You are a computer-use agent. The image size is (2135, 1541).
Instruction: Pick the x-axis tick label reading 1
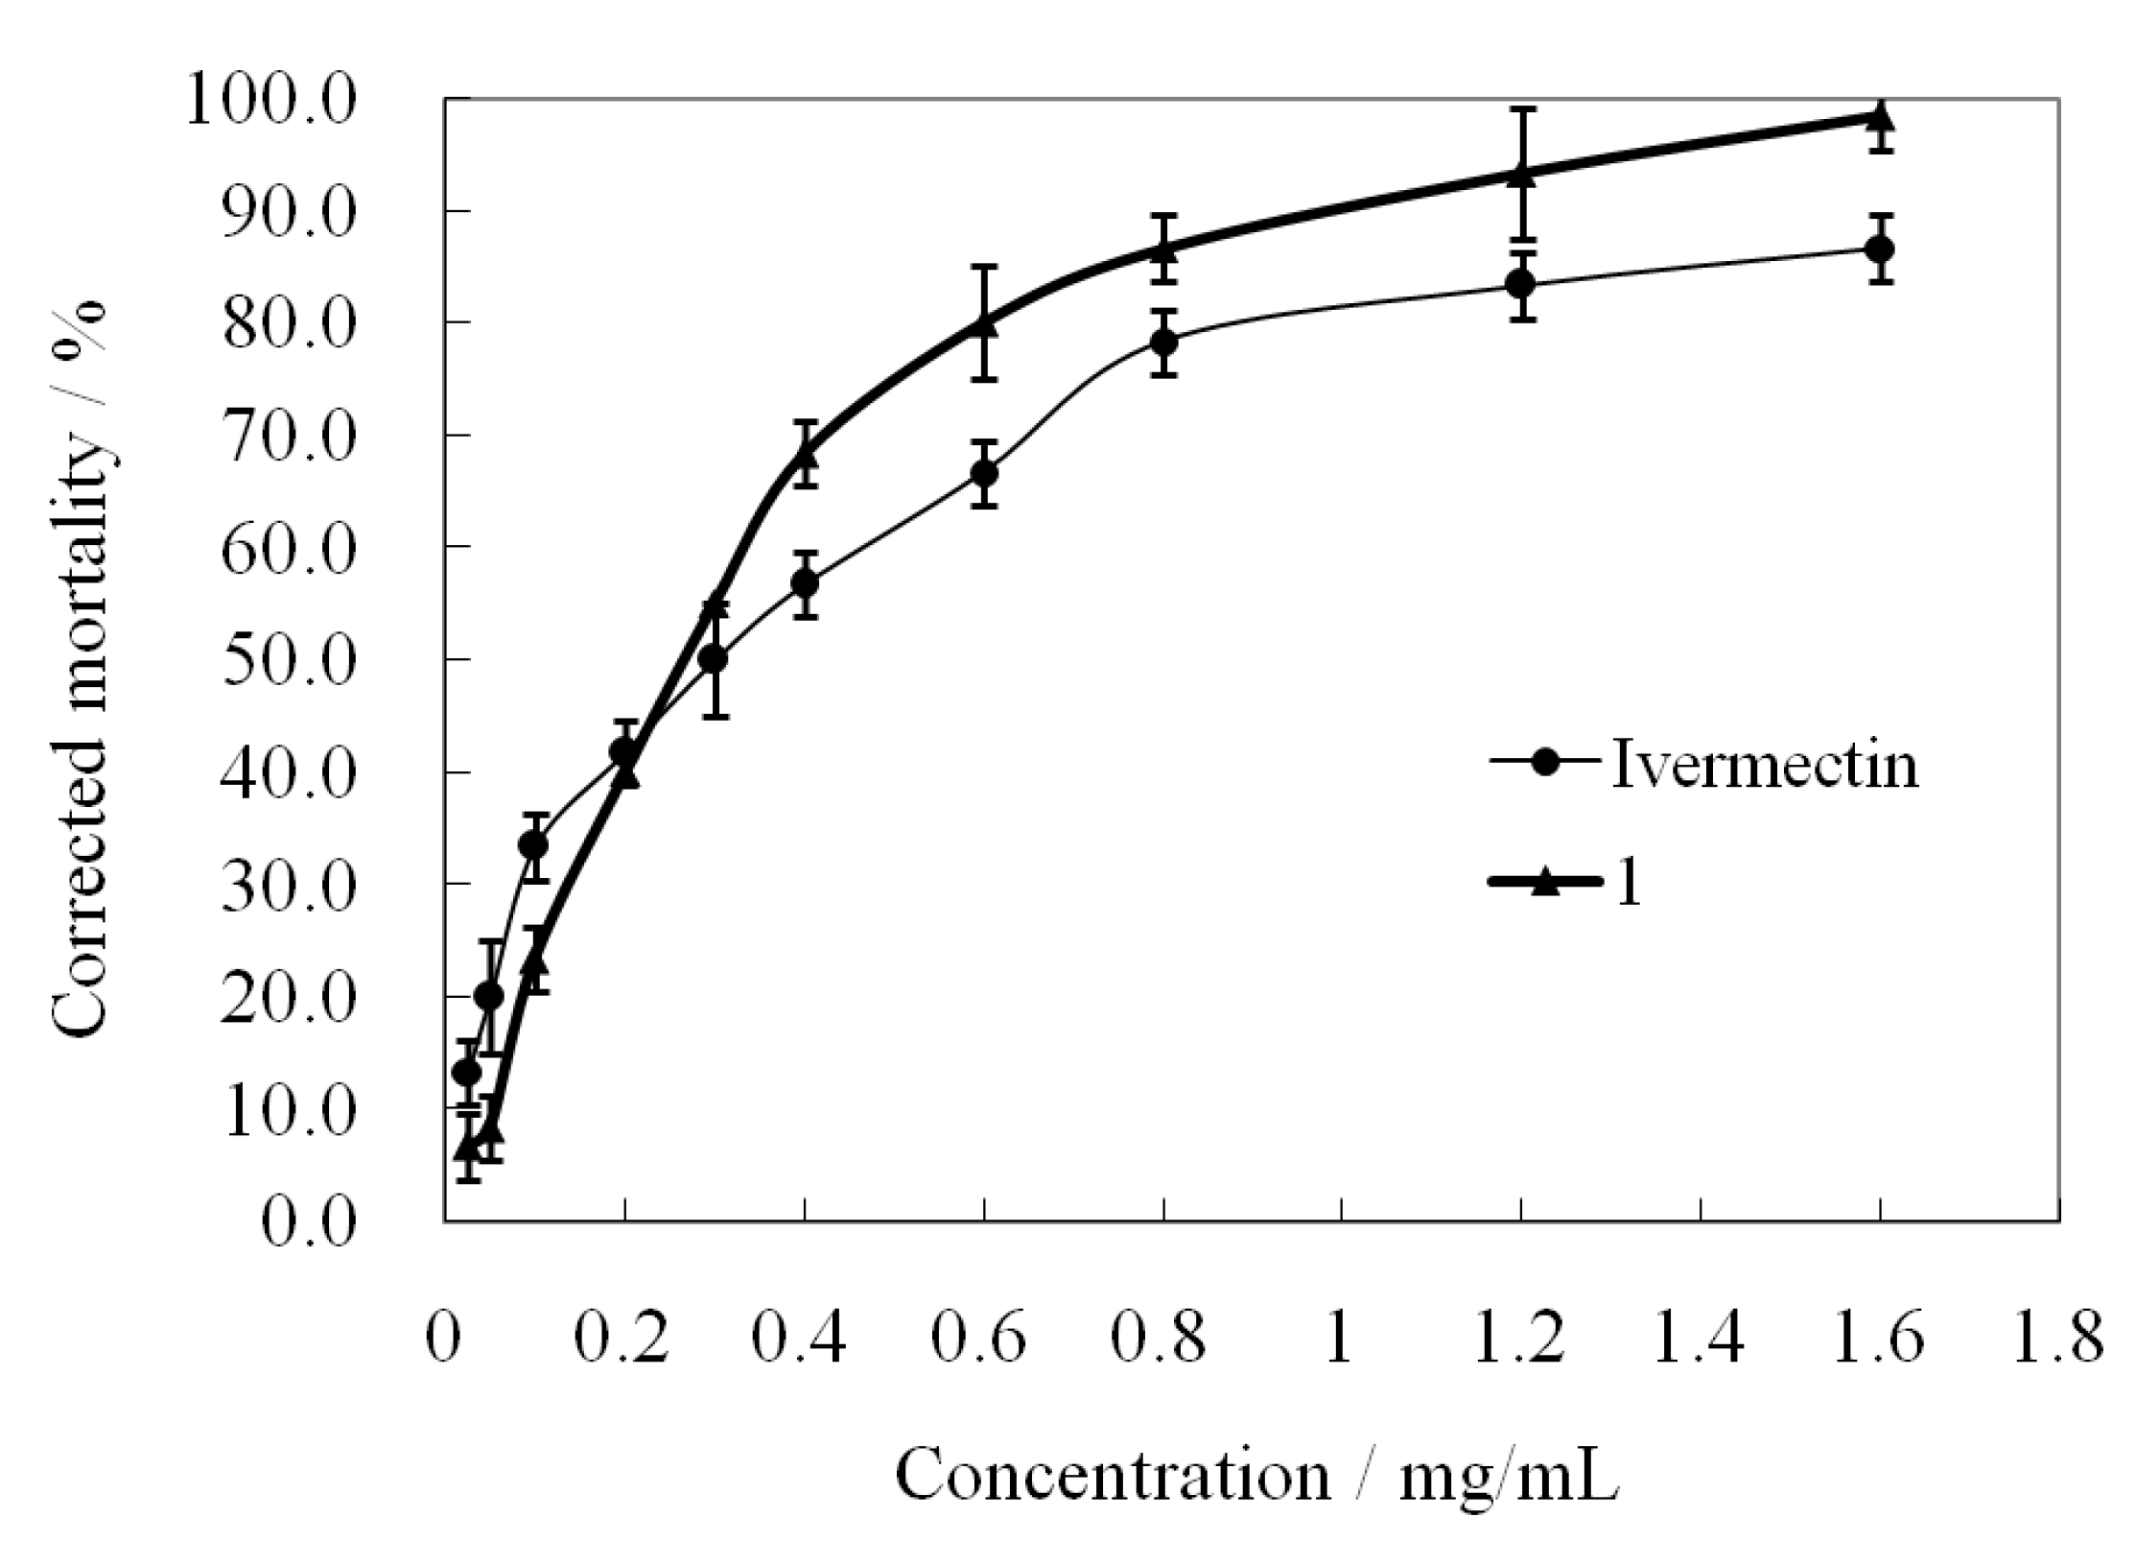(1341, 1337)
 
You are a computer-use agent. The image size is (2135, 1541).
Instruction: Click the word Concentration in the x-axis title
(1114, 1475)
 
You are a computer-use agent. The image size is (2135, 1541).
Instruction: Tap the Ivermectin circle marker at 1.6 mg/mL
(1880, 249)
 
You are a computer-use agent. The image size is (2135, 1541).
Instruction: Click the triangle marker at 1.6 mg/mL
(1880, 117)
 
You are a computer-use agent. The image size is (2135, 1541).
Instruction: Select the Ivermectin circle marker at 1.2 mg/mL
(1520, 284)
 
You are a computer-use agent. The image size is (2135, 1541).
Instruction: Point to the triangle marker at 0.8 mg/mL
(1163, 249)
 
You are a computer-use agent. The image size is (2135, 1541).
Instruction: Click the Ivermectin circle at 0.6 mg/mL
(984, 473)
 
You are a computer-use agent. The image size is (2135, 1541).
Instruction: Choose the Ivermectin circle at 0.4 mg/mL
(806, 583)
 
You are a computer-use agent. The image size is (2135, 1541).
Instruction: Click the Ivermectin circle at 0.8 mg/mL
(1163, 342)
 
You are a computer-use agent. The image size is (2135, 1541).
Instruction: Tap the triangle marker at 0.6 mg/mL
(984, 323)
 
